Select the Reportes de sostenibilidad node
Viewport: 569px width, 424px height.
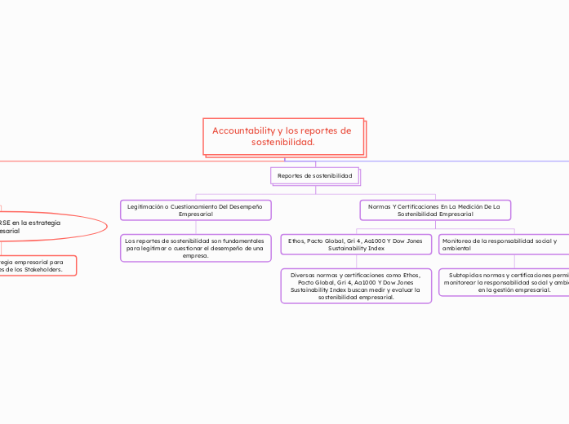click(x=315, y=175)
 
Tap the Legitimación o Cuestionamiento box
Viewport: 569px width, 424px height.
click(x=195, y=210)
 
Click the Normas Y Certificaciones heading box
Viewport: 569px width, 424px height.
click(x=435, y=210)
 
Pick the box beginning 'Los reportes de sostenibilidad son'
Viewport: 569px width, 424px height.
click(x=195, y=248)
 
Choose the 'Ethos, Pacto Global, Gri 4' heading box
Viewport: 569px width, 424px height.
click(x=356, y=244)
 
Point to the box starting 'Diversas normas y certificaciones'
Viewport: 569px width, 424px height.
click(x=356, y=286)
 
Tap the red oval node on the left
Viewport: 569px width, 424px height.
click(x=41, y=227)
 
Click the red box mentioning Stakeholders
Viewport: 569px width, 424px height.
click(x=37, y=265)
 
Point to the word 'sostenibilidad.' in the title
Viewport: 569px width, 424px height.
click(x=283, y=142)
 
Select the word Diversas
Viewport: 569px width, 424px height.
click(x=306, y=275)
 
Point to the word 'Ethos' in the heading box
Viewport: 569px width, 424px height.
click(x=296, y=241)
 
